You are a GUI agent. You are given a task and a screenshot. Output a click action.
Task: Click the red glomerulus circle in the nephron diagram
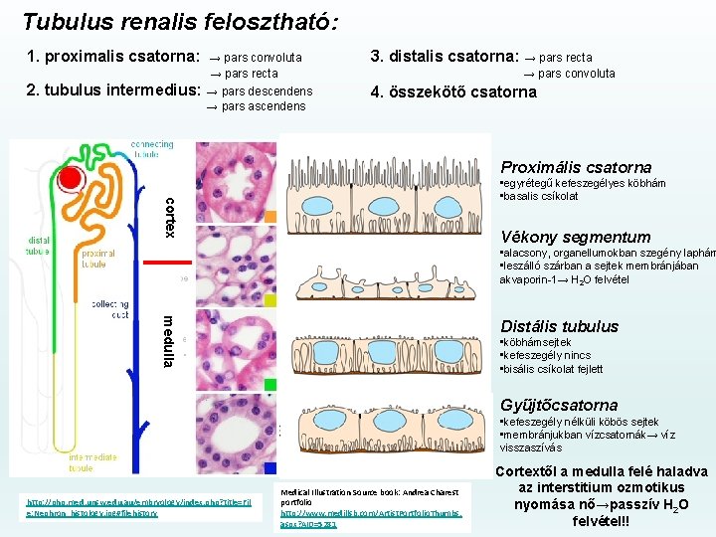[x=71, y=179]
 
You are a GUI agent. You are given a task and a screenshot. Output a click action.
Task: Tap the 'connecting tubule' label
[x=151, y=149]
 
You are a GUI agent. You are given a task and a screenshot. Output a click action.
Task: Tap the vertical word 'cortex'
[x=170, y=217]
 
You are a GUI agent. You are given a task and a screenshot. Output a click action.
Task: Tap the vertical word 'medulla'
[x=170, y=340]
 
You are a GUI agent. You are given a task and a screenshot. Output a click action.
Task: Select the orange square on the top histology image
[x=270, y=217]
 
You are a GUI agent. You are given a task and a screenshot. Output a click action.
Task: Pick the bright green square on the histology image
[x=270, y=384]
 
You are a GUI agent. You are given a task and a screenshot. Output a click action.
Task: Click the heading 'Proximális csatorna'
[x=576, y=167]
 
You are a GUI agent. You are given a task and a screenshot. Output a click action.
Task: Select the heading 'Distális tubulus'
[x=559, y=326]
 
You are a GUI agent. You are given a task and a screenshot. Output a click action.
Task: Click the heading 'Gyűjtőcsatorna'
[x=559, y=405]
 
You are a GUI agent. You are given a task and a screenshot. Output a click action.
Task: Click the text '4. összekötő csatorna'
[x=452, y=91]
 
